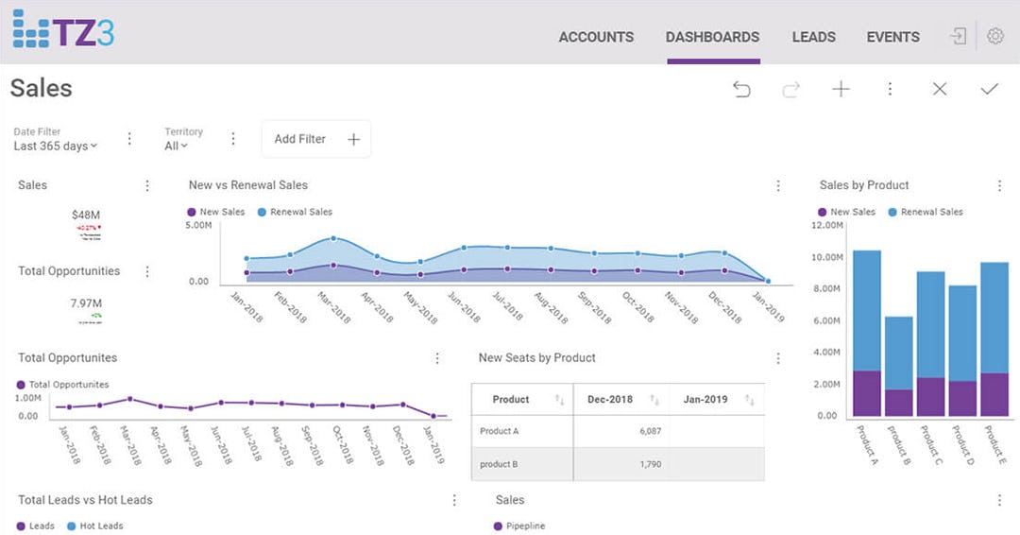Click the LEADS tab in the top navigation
813,37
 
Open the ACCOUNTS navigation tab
596,37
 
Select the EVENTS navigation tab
892,37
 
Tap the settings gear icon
994,37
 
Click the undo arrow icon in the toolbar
741,89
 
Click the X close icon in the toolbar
939,89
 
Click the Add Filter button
315,139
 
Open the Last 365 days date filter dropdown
55,146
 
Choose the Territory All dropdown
176,146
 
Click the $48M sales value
86,215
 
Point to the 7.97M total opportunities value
86,303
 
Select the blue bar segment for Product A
866,310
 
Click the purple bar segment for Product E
994,394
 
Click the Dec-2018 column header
609,400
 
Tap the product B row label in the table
500,464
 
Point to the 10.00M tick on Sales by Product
826,257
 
